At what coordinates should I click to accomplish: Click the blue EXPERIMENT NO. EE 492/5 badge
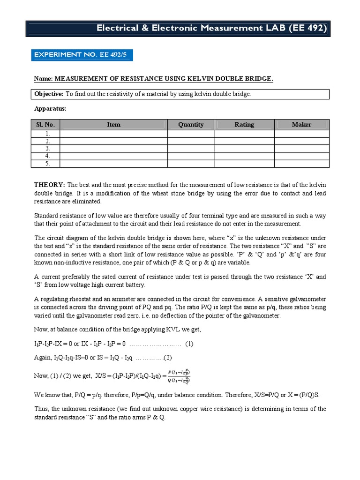click(x=82, y=55)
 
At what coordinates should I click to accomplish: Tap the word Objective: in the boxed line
click(x=49, y=94)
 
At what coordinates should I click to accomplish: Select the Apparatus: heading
click(x=51, y=108)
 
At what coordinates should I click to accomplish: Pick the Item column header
click(x=113, y=125)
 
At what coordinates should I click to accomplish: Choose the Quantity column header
click(x=191, y=125)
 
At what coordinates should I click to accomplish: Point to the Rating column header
click(x=244, y=125)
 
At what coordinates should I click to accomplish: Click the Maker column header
click(x=301, y=125)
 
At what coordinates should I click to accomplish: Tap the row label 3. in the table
click(x=47, y=149)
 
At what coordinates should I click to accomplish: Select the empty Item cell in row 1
click(x=113, y=134)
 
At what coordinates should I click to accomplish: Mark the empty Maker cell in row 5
click(x=301, y=164)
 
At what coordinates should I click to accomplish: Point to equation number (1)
click(x=189, y=344)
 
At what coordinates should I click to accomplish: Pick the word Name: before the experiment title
click(x=44, y=79)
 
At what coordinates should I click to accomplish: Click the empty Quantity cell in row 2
click(x=191, y=141)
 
